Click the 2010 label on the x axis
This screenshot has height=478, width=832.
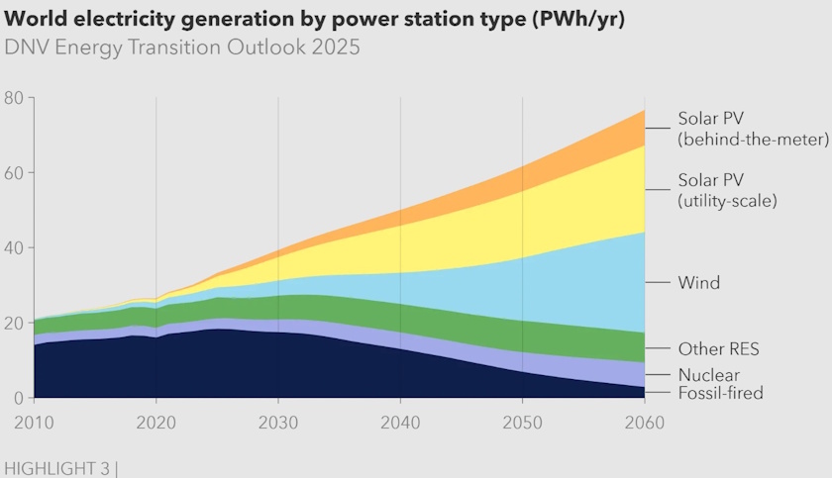pos(35,421)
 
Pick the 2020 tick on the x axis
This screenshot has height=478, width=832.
pos(156,421)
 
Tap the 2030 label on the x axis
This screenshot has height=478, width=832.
pos(278,421)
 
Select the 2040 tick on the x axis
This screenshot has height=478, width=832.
pos(400,421)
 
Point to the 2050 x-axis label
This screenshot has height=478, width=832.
pos(522,421)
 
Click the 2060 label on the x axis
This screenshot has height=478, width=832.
pos(644,421)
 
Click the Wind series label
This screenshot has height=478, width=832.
pos(698,283)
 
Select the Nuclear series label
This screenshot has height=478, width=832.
pos(708,375)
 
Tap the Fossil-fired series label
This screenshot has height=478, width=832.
pos(720,394)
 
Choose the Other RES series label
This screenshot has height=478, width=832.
pos(718,349)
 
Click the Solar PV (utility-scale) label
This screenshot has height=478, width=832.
pos(727,190)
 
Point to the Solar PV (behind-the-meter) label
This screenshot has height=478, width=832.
pos(753,129)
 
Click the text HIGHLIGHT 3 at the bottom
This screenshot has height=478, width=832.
pos(57,466)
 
